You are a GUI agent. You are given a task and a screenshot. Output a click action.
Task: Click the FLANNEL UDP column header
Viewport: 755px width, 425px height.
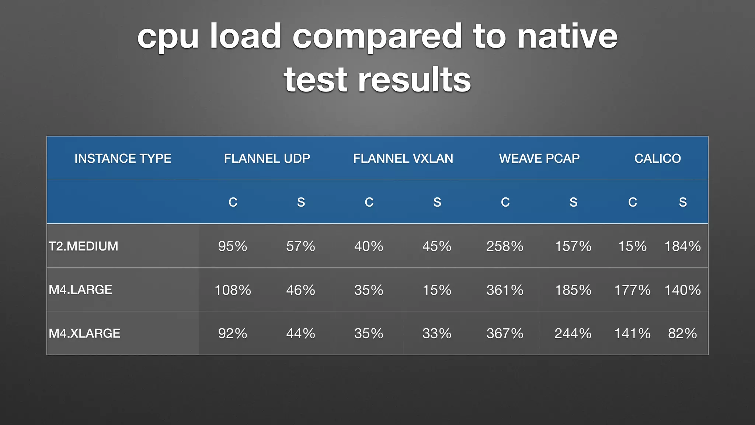tap(267, 159)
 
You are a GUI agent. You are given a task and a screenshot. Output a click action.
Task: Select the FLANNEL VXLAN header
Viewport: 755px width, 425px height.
tap(403, 159)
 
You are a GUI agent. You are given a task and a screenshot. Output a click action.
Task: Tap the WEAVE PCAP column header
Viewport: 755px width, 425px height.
tap(539, 159)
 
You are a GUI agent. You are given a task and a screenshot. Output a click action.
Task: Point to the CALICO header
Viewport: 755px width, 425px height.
tap(657, 159)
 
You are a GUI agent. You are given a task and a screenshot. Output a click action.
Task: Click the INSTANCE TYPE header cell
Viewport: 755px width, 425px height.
tap(123, 159)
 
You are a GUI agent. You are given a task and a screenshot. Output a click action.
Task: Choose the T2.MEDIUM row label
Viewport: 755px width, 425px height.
tap(84, 246)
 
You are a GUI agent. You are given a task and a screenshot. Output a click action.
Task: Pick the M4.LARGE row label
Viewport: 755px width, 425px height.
tap(80, 290)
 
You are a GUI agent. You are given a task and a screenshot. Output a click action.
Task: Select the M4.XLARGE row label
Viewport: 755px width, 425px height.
tap(84, 334)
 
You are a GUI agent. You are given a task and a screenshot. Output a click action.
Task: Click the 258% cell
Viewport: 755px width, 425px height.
tap(505, 246)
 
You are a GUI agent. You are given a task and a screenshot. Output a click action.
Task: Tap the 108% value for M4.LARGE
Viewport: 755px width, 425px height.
tap(233, 290)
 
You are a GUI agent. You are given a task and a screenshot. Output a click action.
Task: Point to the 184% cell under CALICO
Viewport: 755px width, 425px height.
tap(682, 246)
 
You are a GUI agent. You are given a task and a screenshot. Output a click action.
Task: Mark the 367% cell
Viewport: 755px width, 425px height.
tap(505, 334)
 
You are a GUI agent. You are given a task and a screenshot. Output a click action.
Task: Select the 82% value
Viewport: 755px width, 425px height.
tap(682, 334)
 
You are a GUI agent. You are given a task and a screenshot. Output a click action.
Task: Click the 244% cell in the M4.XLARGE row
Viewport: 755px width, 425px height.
tap(573, 334)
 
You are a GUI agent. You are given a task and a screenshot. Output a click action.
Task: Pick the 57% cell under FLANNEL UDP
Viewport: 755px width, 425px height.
tap(300, 246)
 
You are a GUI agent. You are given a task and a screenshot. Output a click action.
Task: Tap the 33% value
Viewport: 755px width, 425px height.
tap(437, 334)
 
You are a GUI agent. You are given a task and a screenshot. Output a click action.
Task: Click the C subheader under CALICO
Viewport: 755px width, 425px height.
tap(633, 202)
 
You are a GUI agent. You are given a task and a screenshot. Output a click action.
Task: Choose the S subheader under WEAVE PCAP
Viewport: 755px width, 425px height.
tap(573, 202)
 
